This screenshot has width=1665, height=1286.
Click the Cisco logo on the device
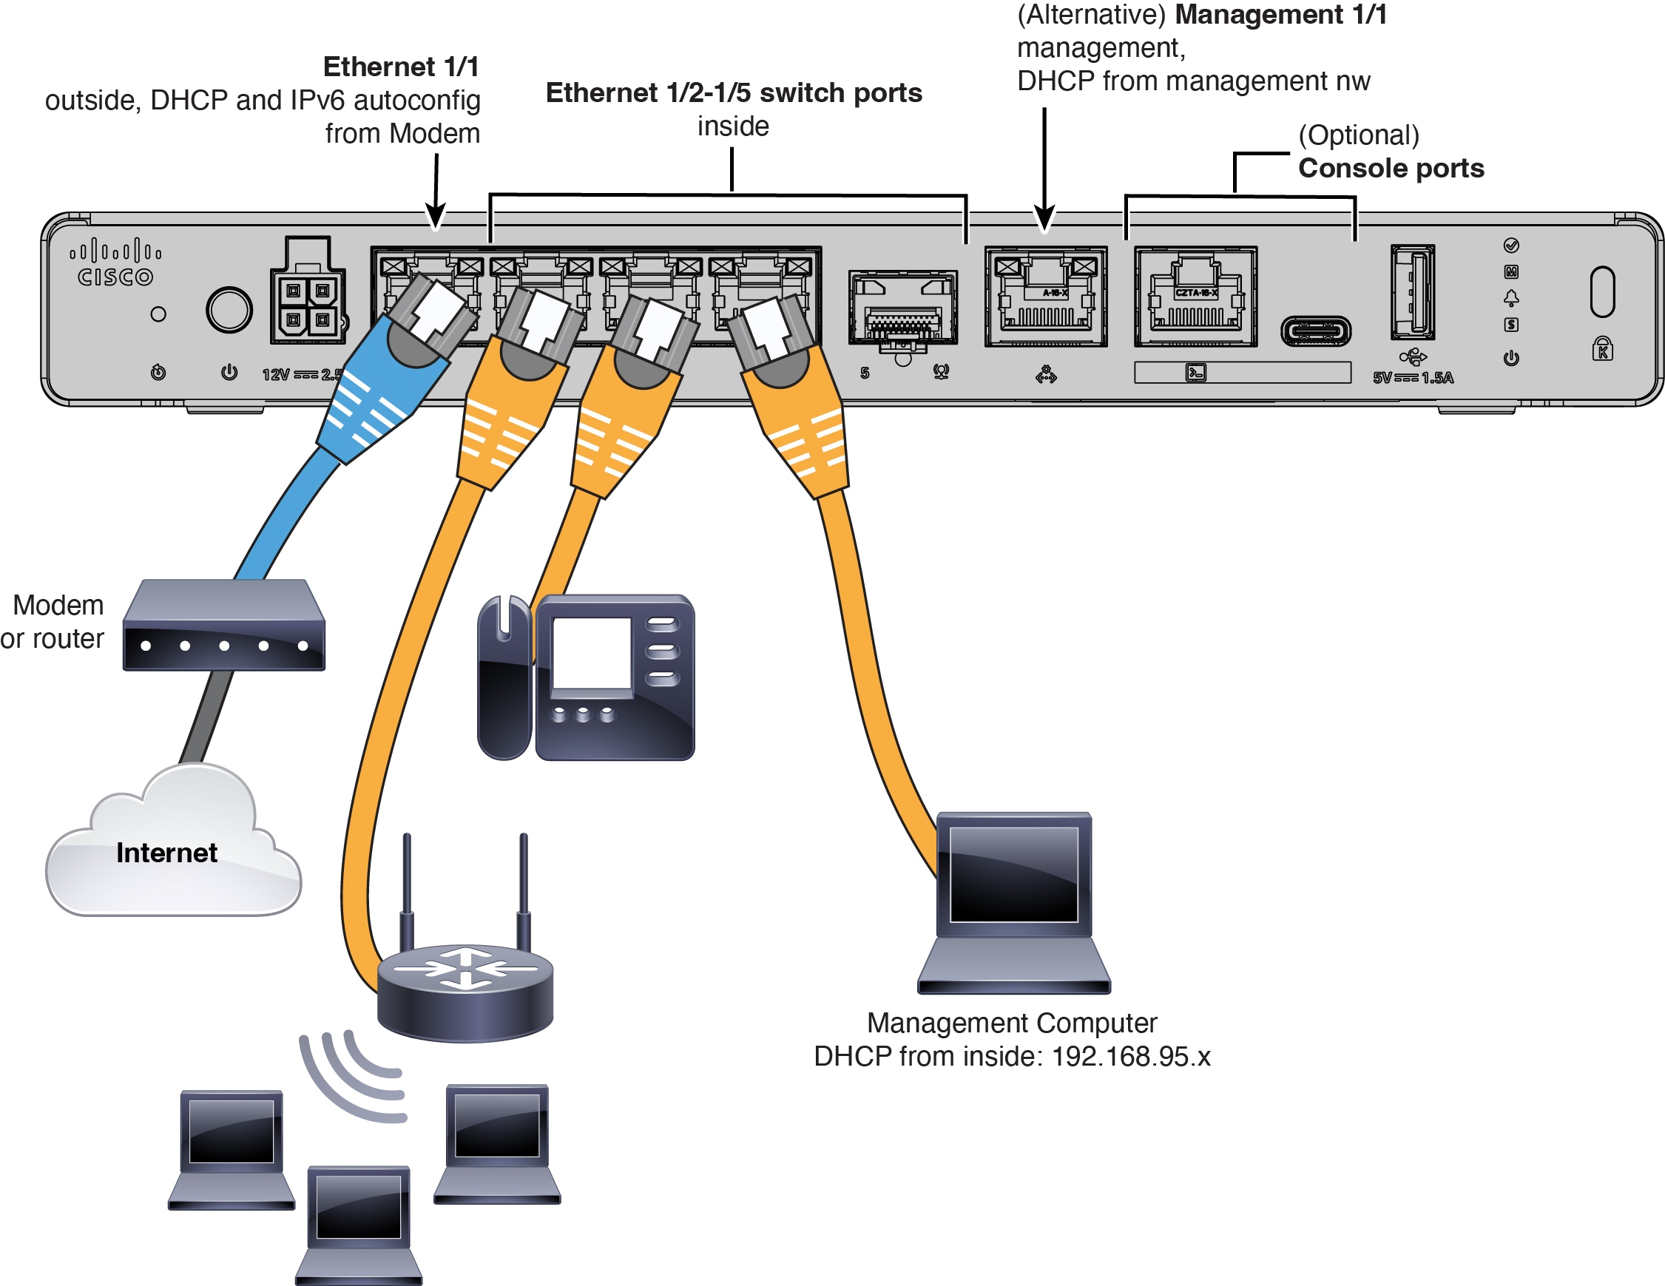click(115, 263)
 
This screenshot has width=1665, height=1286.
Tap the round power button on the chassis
click(229, 310)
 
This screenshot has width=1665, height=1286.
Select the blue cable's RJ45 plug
click(428, 320)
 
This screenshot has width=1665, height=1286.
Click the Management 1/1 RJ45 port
click(1045, 297)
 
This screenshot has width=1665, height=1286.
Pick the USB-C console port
click(1315, 331)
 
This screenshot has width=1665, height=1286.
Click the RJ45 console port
click(1195, 297)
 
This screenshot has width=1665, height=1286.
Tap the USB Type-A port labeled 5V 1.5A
click(1412, 292)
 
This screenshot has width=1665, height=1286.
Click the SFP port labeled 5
click(902, 308)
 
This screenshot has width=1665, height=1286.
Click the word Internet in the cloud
click(166, 852)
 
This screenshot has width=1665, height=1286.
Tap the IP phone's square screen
click(592, 654)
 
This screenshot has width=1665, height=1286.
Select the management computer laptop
click(1014, 904)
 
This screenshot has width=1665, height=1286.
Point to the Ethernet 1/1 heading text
click(400, 67)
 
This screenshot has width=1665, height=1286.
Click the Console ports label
click(1391, 168)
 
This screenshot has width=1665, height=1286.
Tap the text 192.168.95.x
click(1130, 1057)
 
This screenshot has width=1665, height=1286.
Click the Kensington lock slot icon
click(1602, 349)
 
